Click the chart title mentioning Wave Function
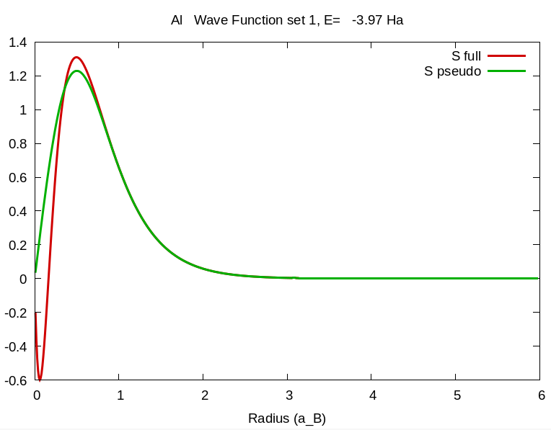286,20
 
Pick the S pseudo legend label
452,71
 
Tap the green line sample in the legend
506,71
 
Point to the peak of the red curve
76,57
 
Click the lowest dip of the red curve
40,380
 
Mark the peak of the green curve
77,71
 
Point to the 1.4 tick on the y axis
17,42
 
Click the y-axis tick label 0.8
17,143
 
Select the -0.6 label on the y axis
16,380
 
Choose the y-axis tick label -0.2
16,312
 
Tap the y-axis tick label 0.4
17,211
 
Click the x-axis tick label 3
288,395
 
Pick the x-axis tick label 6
540,395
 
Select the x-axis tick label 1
120,395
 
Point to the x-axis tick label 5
457,395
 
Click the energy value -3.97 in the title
367,20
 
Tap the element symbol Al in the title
177,20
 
